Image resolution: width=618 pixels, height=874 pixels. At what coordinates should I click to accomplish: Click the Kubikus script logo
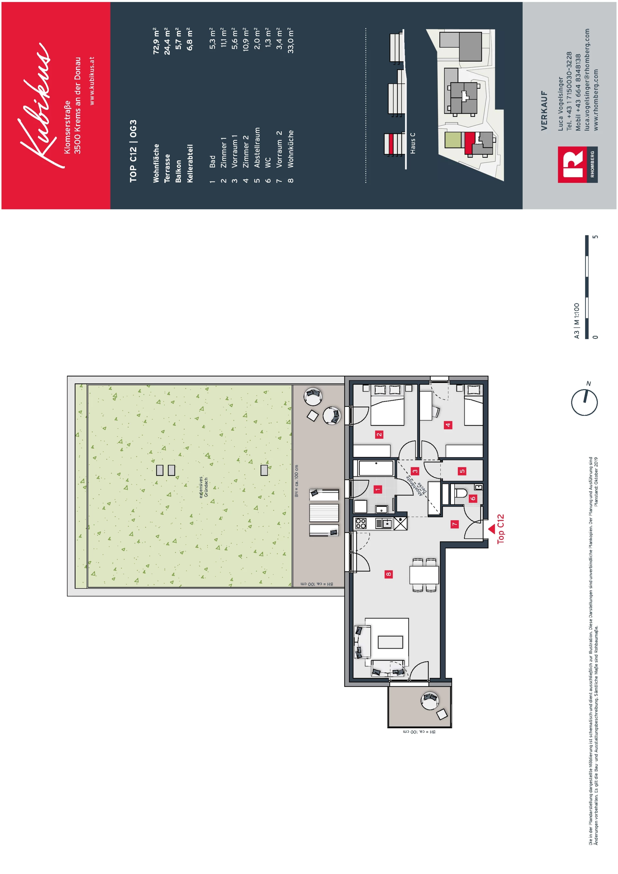pos(36,105)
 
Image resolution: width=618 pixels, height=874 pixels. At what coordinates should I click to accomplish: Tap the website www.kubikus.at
pos(91,81)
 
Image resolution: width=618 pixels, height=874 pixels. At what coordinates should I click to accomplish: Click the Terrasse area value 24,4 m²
pos(167,41)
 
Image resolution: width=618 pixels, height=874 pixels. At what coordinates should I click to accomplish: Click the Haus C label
pos(413,143)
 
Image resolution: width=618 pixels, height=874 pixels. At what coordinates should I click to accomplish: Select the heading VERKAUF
pos(544,110)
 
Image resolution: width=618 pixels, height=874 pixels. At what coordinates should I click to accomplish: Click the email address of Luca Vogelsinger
pos(587,80)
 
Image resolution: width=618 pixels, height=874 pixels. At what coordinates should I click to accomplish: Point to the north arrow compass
pos(584,402)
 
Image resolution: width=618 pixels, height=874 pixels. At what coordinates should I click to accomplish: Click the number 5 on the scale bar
pos(596,237)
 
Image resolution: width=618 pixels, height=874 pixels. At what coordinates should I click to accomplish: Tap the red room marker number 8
pos(388,574)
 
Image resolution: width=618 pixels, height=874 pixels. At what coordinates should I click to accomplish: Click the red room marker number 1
pos(378,489)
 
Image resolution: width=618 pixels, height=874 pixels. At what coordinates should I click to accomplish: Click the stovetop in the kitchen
pos(361,523)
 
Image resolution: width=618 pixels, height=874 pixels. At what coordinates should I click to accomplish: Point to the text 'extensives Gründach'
pos(204,487)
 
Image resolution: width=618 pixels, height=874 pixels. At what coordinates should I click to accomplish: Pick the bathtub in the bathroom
pos(376,468)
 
